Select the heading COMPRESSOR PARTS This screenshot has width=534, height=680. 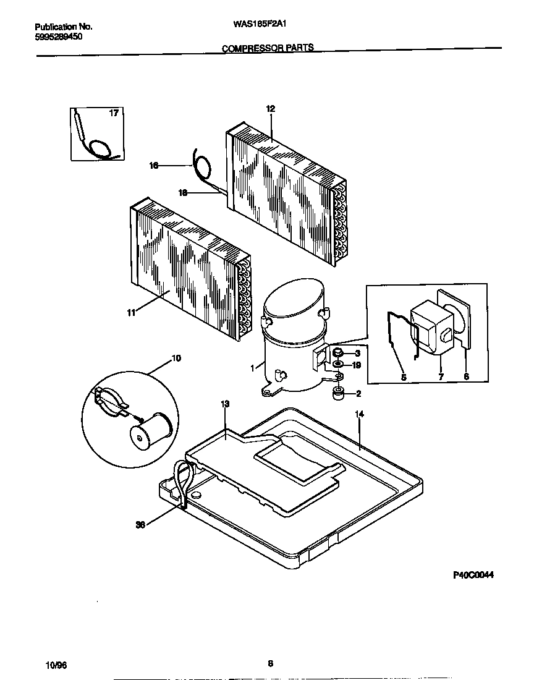coord(268,48)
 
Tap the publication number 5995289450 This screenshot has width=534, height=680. coord(59,36)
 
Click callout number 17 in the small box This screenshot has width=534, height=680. coord(114,113)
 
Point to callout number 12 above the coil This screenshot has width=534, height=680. coord(270,109)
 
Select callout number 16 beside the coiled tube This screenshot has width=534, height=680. coord(154,166)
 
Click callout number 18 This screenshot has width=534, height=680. coord(183,193)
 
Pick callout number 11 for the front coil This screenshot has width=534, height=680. coord(130,313)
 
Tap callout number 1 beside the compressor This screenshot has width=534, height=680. coord(252,368)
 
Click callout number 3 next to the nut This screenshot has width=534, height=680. coord(357,353)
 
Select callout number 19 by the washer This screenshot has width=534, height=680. coord(356,365)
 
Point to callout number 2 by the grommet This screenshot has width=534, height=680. coord(357,393)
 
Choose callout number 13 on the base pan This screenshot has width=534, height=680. coord(225,404)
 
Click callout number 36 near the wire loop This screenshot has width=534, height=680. coord(140,525)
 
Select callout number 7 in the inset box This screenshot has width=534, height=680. coord(441,376)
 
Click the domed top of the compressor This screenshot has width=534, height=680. coord(292,300)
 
